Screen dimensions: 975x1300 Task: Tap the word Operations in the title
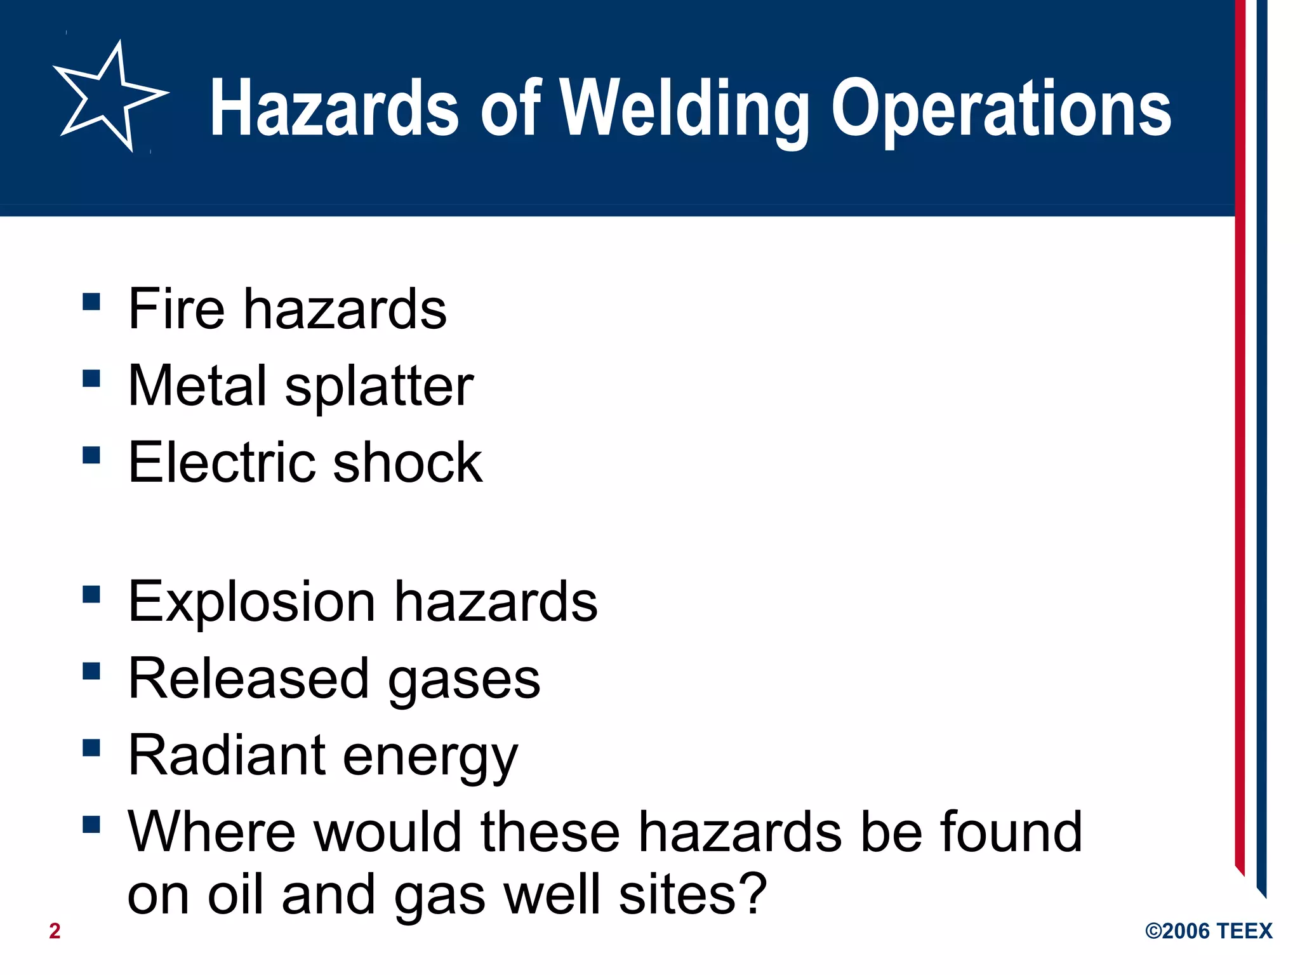(1001, 109)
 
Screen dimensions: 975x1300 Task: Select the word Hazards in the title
(333, 109)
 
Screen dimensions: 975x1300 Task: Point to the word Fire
(176, 309)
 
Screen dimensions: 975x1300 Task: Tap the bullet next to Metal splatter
(91, 378)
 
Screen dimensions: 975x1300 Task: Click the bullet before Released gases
(91, 671)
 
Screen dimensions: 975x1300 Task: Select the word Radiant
(226, 755)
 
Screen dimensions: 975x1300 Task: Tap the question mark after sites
(753, 894)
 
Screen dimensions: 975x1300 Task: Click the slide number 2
(55, 931)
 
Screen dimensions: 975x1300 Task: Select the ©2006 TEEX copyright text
(1208, 931)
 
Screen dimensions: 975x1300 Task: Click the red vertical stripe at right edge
(1240, 444)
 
